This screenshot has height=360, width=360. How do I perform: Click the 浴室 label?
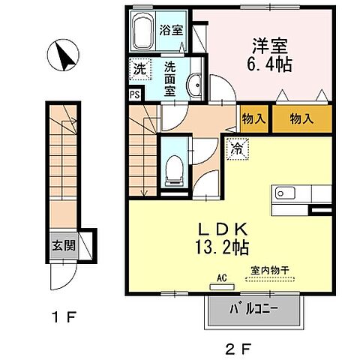171,31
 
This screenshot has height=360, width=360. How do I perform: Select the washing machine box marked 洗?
139,70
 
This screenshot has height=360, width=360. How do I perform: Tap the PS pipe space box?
133,95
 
